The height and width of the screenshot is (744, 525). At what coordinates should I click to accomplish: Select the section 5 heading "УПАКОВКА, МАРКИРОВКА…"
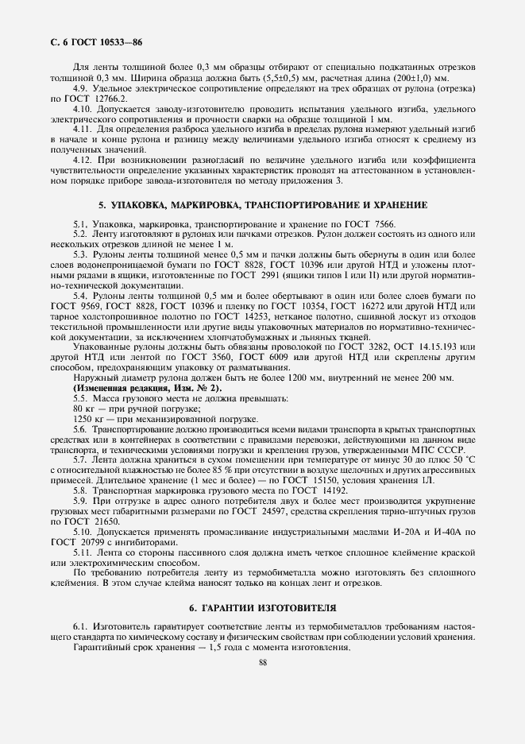[262, 205]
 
